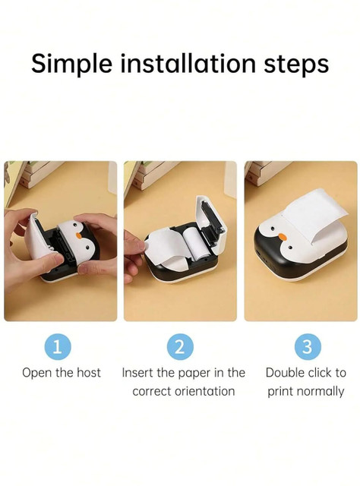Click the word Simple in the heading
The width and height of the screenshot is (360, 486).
[x=71, y=65]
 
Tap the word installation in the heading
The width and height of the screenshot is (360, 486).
[x=188, y=63]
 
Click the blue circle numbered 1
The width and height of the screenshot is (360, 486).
[x=58, y=346]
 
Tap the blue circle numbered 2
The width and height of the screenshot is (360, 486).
[x=180, y=346]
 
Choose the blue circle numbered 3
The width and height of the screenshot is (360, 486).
[x=307, y=346]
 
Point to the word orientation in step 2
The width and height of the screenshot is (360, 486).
[x=204, y=391]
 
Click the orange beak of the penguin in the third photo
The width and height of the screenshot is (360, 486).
[x=283, y=237]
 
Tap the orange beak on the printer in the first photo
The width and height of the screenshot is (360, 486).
[x=79, y=236]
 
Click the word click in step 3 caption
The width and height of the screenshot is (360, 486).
[x=317, y=373]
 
